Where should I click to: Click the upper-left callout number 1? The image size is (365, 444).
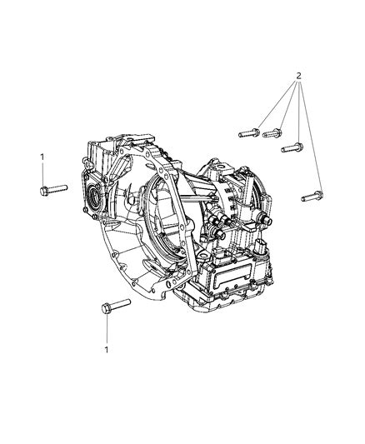pyautogui.click(x=41, y=157)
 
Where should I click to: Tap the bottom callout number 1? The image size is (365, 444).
pyautogui.click(x=107, y=350)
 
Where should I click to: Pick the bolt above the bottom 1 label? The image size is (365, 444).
pyautogui.click(x=112, y=307)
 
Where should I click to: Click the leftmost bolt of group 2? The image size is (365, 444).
pyautogui.click(x=249, y=132)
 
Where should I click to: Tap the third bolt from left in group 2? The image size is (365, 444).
pyautogui.click(x=292, y=148)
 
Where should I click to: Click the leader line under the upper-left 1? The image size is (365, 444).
pyautogui.click(x=42, y=173)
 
